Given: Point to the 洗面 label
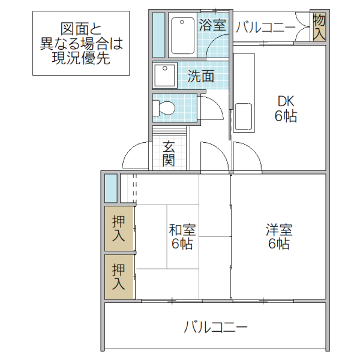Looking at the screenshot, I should click(x=201, y=76).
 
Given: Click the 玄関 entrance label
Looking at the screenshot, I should click(x=169, y=154).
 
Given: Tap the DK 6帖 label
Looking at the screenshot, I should click(x=286, y=109).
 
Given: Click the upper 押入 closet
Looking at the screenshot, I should click(x=119, y=228).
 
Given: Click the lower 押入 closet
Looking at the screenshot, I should click(x=119, y=277).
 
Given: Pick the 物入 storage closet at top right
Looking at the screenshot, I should click(x=319, y=27).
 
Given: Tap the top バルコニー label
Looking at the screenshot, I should click(x=265, y=27).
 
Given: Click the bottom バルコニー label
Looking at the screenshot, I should click(x=215, y=328).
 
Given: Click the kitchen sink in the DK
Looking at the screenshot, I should click(x=243, y=115).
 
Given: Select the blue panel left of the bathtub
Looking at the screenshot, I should click(x=158, y=35).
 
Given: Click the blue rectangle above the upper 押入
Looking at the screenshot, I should click(x=110, y=188).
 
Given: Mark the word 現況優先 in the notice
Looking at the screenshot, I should click(x=80, y=58).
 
